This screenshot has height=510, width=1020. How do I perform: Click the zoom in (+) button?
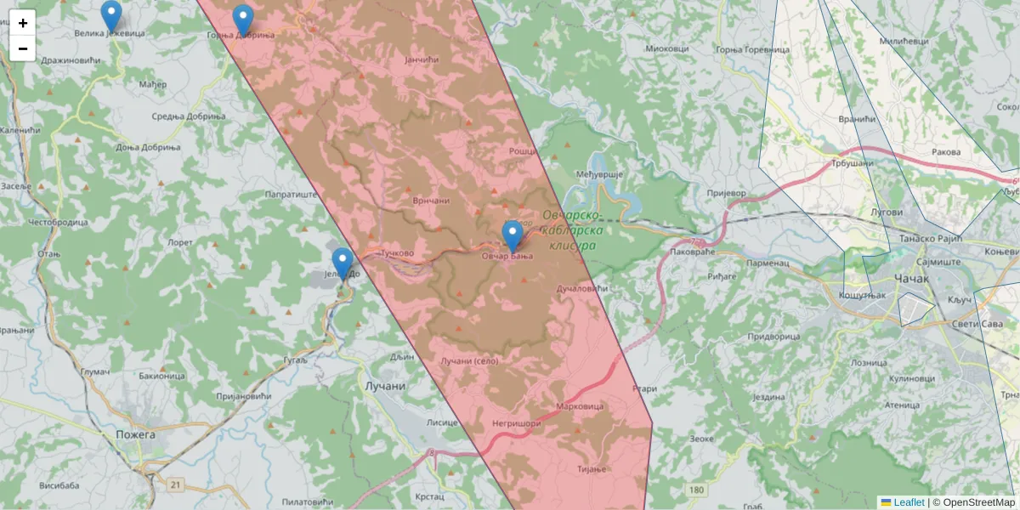(23, 23)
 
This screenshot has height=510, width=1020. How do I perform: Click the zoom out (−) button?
(23, 48)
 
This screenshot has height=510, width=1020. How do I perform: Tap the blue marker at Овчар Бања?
(512, 235)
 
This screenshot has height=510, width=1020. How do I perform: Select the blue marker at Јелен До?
(342, 263)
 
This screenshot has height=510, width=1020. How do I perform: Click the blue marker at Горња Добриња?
(243, 19)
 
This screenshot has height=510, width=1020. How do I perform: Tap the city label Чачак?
(912, 279)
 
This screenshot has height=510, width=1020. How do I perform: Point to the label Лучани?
(385, 386)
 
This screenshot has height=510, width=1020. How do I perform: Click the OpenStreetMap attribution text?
(978, 502)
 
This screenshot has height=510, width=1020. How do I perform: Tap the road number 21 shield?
(176, 484)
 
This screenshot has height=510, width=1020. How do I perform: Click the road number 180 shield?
(697, 490)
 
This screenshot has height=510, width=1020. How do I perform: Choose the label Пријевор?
(726, 193)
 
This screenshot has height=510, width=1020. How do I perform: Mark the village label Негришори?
(516, 422)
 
